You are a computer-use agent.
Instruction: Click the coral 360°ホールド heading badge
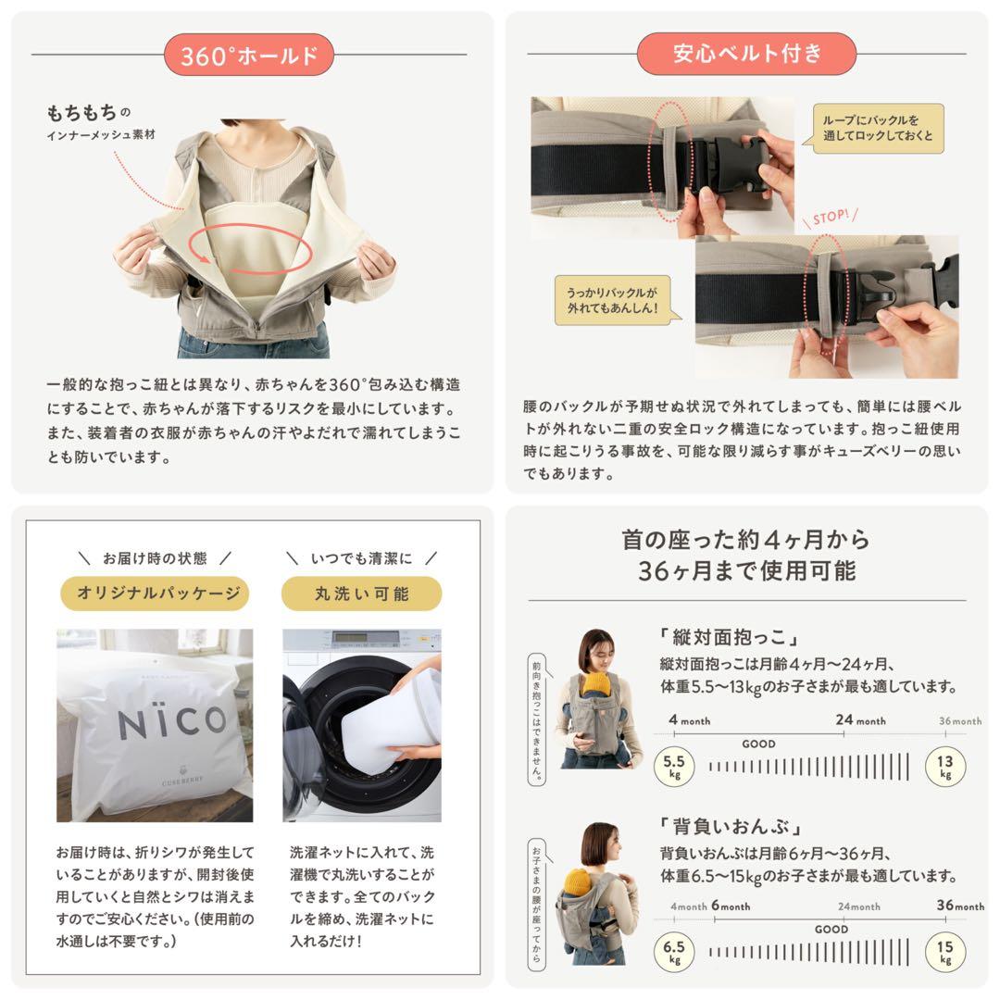coord(249,55)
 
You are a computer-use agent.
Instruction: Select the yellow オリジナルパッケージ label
coord(155,594)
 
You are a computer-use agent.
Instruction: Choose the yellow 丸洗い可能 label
coord(361,594)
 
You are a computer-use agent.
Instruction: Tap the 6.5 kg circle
coord(674,952)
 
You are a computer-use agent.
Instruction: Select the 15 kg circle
coord(944,952)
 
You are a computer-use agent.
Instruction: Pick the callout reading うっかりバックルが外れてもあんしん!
coord(612,299)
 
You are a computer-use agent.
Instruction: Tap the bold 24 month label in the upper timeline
coord(859,719)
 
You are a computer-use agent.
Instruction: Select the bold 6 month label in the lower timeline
coord(730,906)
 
